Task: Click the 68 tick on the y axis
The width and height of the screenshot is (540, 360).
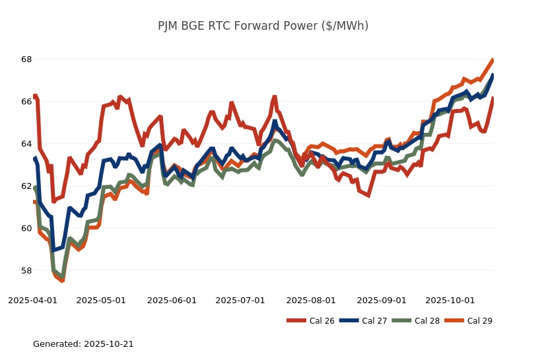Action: (x=26, y=59)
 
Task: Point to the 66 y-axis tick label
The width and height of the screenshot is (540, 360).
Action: (x=26, y=102)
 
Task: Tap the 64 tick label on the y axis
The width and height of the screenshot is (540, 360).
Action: (x=26, y=144)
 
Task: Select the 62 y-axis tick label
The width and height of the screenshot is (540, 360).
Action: (x=26, y=186)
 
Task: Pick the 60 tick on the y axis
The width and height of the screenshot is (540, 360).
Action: (x=26, y=229)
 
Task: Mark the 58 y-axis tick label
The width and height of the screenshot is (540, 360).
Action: (x=26, y=271)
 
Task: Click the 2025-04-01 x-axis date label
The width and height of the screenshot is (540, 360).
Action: (x=32, y=301)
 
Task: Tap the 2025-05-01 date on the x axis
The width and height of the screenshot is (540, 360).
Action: (x=101, y=301)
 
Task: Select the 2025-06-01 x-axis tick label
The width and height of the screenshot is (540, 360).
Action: (x=172, y=301)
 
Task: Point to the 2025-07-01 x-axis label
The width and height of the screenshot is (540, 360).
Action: (x=240, y=301)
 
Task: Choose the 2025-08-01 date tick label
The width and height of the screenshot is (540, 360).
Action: (x=311, y=301)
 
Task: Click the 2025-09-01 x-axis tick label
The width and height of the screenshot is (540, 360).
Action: (x=382, y=301)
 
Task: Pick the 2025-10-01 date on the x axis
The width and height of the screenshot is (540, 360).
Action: (x=450, y=301)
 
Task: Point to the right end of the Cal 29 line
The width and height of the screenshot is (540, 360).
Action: (x=493, y=60)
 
